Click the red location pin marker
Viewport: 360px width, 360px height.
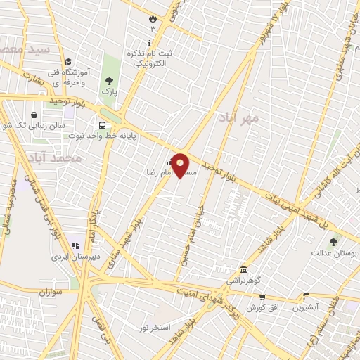[181, 166]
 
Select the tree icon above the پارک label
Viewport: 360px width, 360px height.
[109, 82]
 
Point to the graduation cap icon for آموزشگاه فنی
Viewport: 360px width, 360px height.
[68, 63]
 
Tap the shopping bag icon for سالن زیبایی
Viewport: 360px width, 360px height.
[34, 115]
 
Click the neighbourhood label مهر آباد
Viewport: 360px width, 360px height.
[238, 117]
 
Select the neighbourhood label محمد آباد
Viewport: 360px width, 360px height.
[57, 158]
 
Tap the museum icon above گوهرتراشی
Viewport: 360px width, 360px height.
[243, 269]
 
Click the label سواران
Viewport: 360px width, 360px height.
[51, 290]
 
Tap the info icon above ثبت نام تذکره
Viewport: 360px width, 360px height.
[151, 29]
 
